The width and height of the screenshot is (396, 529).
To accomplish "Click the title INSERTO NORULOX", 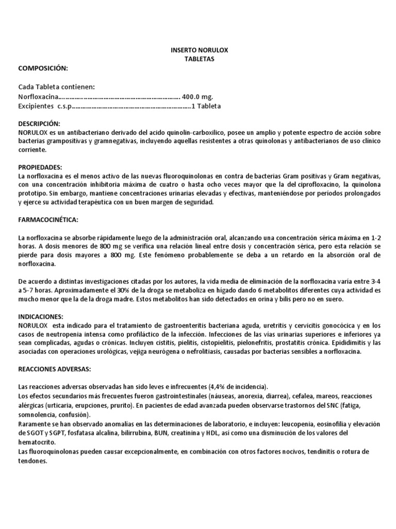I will pyautogui.click(x=199, y=51).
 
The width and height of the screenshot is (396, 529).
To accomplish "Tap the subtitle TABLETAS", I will pyautogui.click(x=199, y=59).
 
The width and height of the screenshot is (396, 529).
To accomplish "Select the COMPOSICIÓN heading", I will pyautogui.click(x=43, y=68).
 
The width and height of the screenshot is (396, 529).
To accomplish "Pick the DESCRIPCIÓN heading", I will pyautogui.click(x=39, y=124).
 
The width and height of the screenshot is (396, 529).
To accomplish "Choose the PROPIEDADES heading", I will pyautogui.click(x=40, y=168).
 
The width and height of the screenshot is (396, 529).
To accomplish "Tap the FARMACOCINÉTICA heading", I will pyautogui.click(x=48, y=220).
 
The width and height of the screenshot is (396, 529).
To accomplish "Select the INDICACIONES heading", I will pyautogui.click(x=40, y=316).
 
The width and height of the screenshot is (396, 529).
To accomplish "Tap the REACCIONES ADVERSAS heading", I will pyautogui.click(x=55, y=369).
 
